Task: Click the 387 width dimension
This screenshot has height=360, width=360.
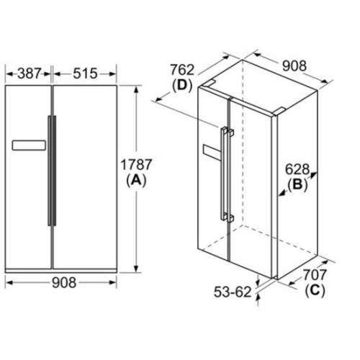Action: pyautogui.click(x=30, y=73)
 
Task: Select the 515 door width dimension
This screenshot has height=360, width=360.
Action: pyautogui.click(x=85, y=73)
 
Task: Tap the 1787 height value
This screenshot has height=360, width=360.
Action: pyautogui.click(x=136, y=165)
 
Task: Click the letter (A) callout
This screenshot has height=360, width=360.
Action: pyautogui.click(x=136, y=180)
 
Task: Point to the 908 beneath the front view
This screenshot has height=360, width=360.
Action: pyautogui.click(x=64, y=282)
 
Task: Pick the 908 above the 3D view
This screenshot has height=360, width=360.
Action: pyautogui.click(x=294, y=66)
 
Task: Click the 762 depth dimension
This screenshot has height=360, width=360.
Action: pyautogui.click(x=182, y=70)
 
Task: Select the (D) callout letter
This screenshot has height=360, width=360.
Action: pyautogui.click(x=182, y=85)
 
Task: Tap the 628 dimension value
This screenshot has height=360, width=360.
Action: pyautogui.click(x=297, y=169)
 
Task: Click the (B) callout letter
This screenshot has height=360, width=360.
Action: pyautogui.click(x=297, y=185)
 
